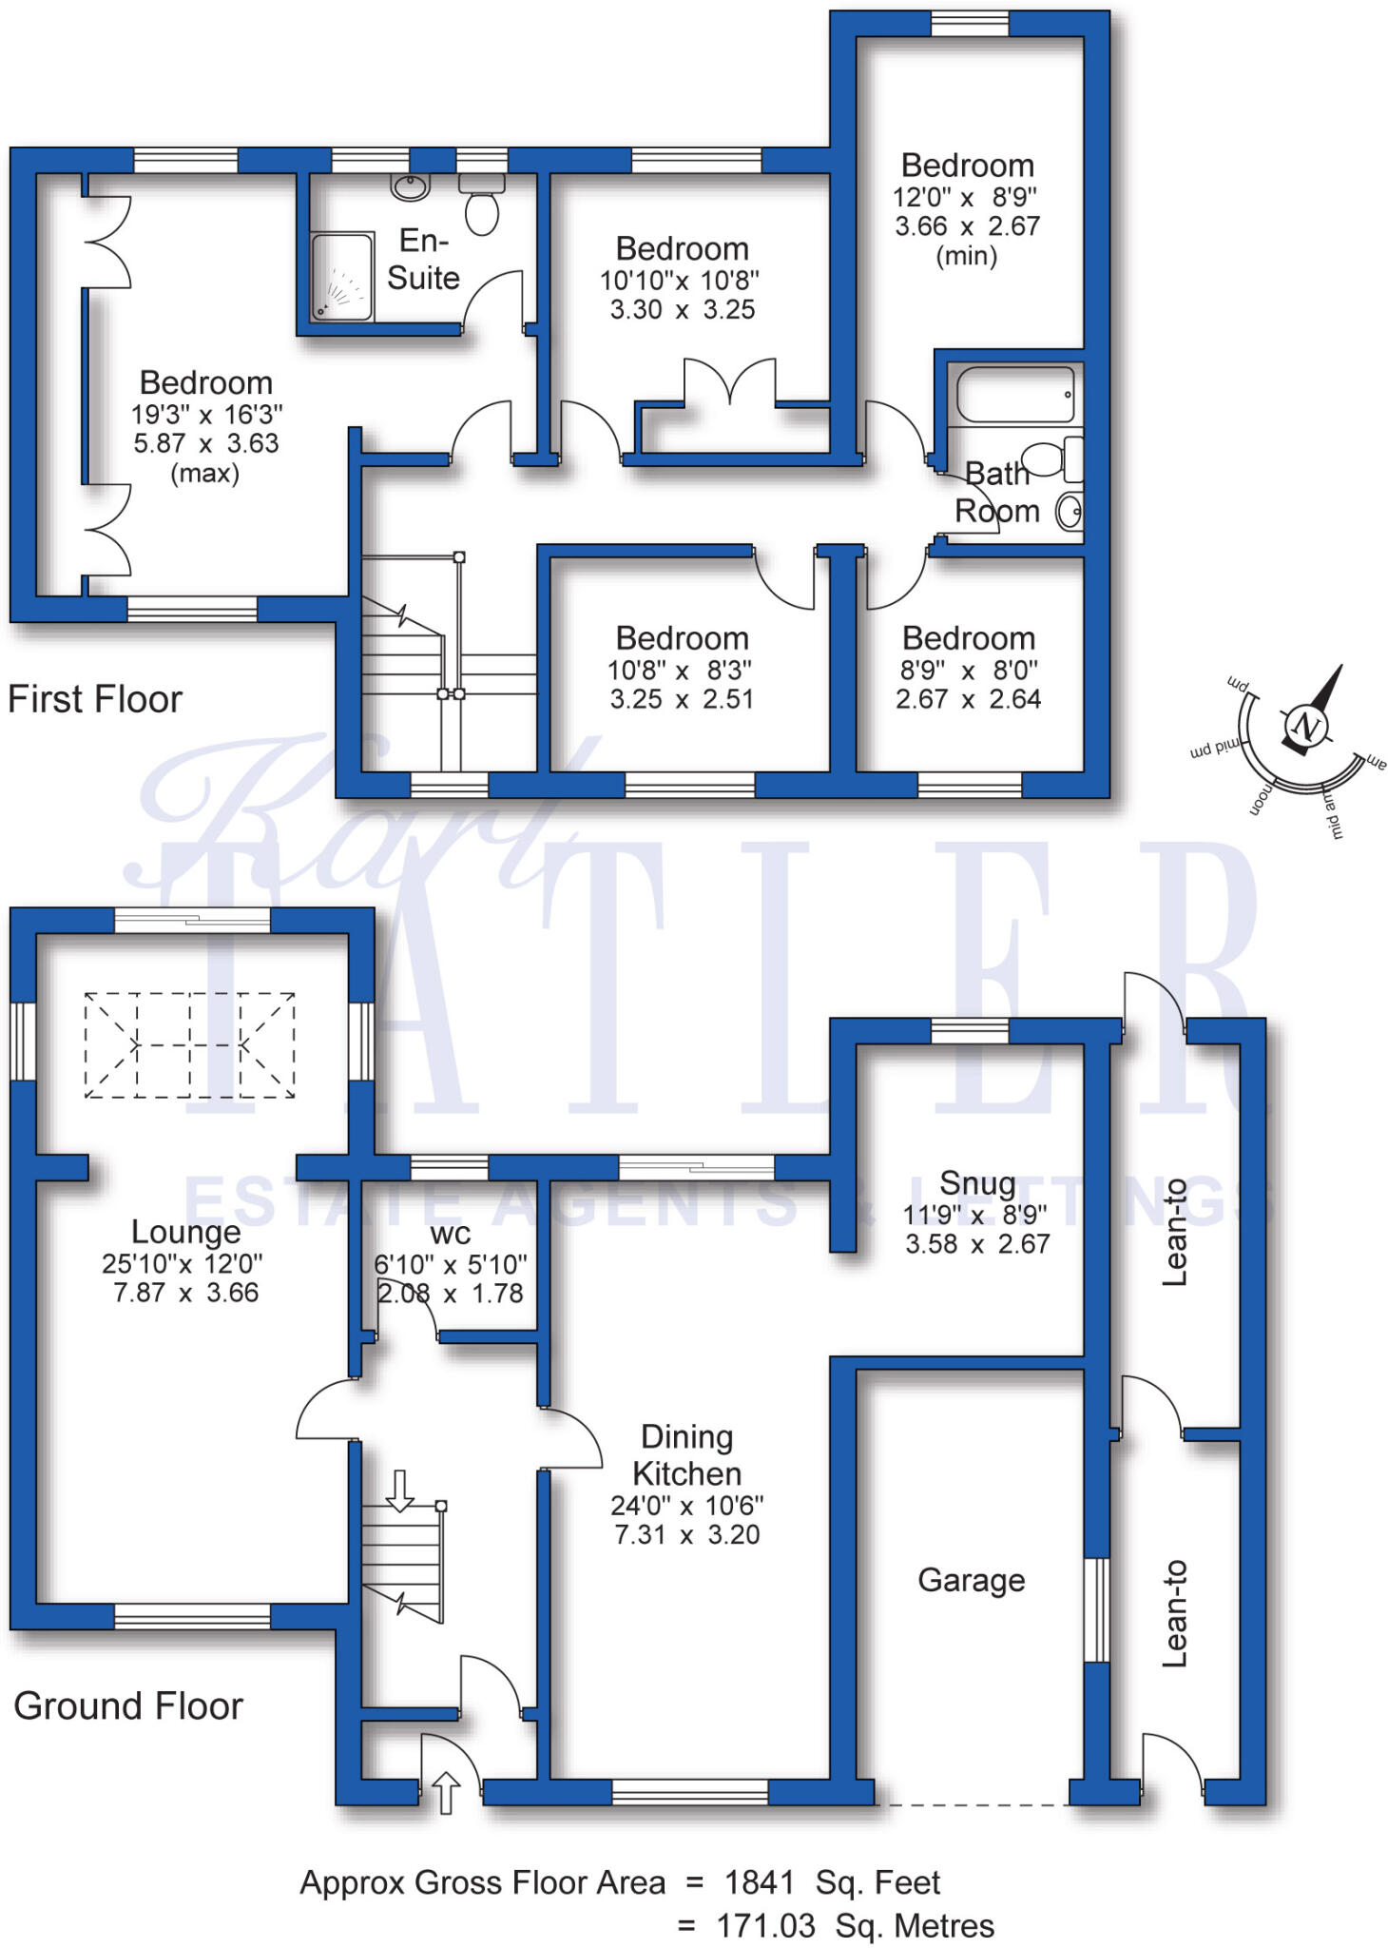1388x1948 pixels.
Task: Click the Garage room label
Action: tap(971, 1581)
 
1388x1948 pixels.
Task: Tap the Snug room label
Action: tap(977, 1183)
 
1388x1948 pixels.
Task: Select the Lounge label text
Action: tap(185, 1232)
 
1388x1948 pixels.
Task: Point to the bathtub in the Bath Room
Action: tap(1016, 394)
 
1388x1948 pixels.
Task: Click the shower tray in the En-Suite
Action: tap(341, 276)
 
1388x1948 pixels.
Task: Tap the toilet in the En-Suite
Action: tap(482, 204)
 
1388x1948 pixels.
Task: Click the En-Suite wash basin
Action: tap(411, 187)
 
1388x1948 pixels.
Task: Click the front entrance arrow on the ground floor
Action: tap(446, 1792)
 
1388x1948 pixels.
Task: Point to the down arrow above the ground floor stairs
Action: tap(399, 1490)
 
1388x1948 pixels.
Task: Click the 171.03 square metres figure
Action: tap(765, 1926)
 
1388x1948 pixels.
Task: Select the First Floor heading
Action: tap(95, 699)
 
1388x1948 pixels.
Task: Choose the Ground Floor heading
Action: tap(128, 1705)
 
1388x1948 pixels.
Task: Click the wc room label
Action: tap(451, 1235)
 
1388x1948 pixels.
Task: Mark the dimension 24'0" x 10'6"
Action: tap(686, 1506)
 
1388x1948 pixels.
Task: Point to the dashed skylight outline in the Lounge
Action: tap(189, 1045)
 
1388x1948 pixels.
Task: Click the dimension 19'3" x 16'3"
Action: tap(206, 415)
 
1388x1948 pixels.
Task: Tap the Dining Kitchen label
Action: tap(686, 1455)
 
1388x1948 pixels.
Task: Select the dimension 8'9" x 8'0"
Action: tap(969, 671)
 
